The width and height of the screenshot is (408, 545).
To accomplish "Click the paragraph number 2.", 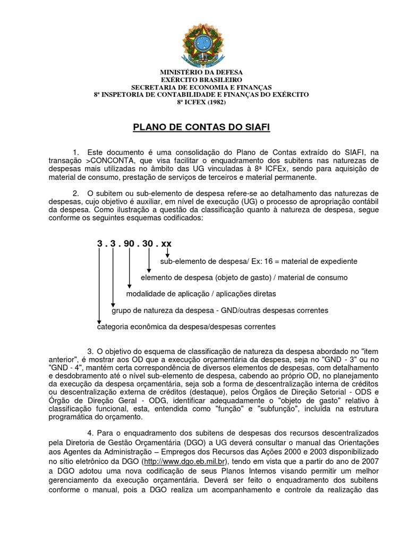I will (76, 193).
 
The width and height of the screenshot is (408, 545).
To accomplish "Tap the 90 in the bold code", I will (130, 243).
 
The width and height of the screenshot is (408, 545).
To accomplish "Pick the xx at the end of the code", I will (166, 243).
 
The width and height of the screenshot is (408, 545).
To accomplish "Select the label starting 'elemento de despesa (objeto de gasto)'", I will (244, 277).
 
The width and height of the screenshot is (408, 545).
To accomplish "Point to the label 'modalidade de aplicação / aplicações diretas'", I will (201, 294).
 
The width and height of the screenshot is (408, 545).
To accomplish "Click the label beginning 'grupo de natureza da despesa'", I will (219, 310).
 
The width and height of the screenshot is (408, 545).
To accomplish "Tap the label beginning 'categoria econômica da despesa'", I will (186, 326).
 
